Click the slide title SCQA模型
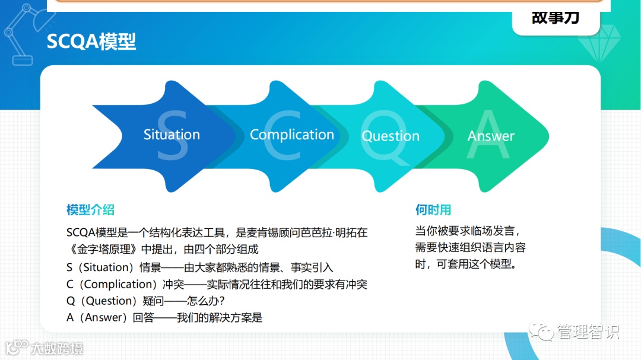coord(91,42)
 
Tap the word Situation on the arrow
coord(172,135)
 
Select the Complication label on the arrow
coord(292,135)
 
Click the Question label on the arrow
coord(391,136)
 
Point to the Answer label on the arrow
coord(491,136)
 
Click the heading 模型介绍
coord(90,209)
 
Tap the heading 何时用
coord(433,209)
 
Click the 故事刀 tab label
coord(556,18)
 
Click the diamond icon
coord(599,43)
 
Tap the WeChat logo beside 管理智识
coord(541,331)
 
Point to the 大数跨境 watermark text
coord(57,349)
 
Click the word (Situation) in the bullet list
coord(106,267)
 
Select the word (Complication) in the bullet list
coord(118,284)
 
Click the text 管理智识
coord(588,332)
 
